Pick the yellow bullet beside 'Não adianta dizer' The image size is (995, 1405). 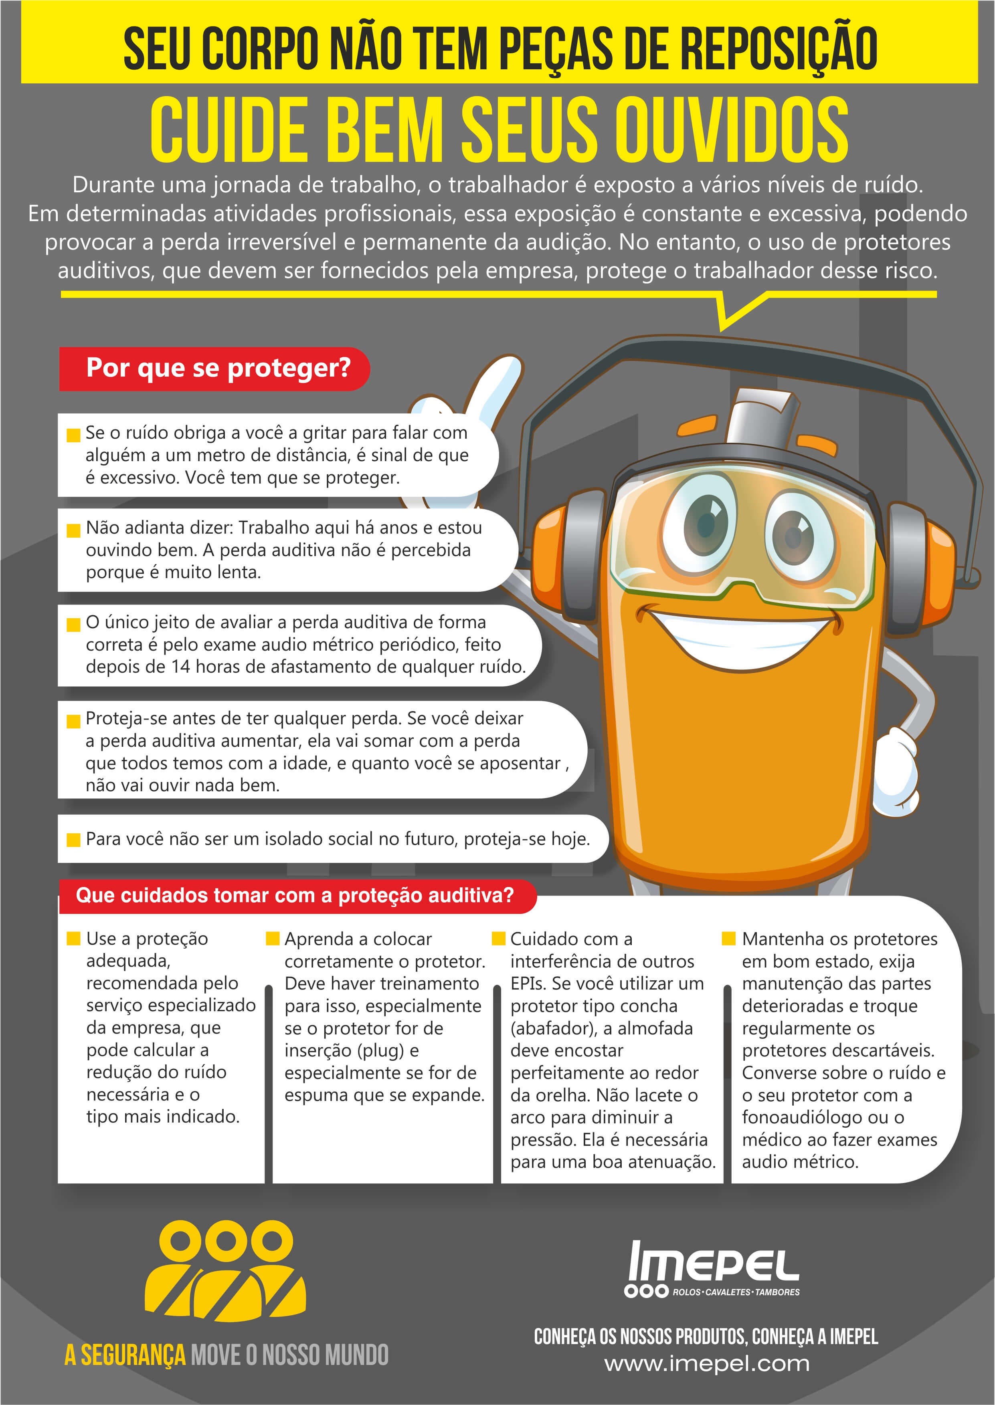tap(73, 530)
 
